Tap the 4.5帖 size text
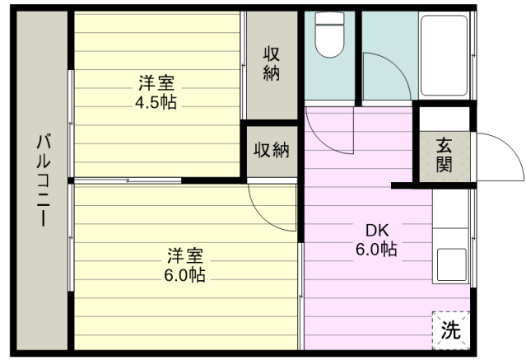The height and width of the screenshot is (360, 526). pyautogui.click(x=156, y=102)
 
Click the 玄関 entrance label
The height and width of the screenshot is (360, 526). pyautogui.click(x=444, y=154)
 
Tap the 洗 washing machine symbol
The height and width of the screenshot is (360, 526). pyautogui.click(x=450, y=330)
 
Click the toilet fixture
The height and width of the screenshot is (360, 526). pyautogui.click(x=331, y=37)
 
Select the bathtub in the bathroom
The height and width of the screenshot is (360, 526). pyautogui.click(x=445, y=55)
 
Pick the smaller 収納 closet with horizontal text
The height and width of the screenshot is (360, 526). pyautogui.click(x=271, y=150)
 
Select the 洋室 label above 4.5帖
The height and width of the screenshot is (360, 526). pyautogui.click(x=156, y=83)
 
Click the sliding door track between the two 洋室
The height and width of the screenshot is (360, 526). pyautogui.click(x=128, y=180)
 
